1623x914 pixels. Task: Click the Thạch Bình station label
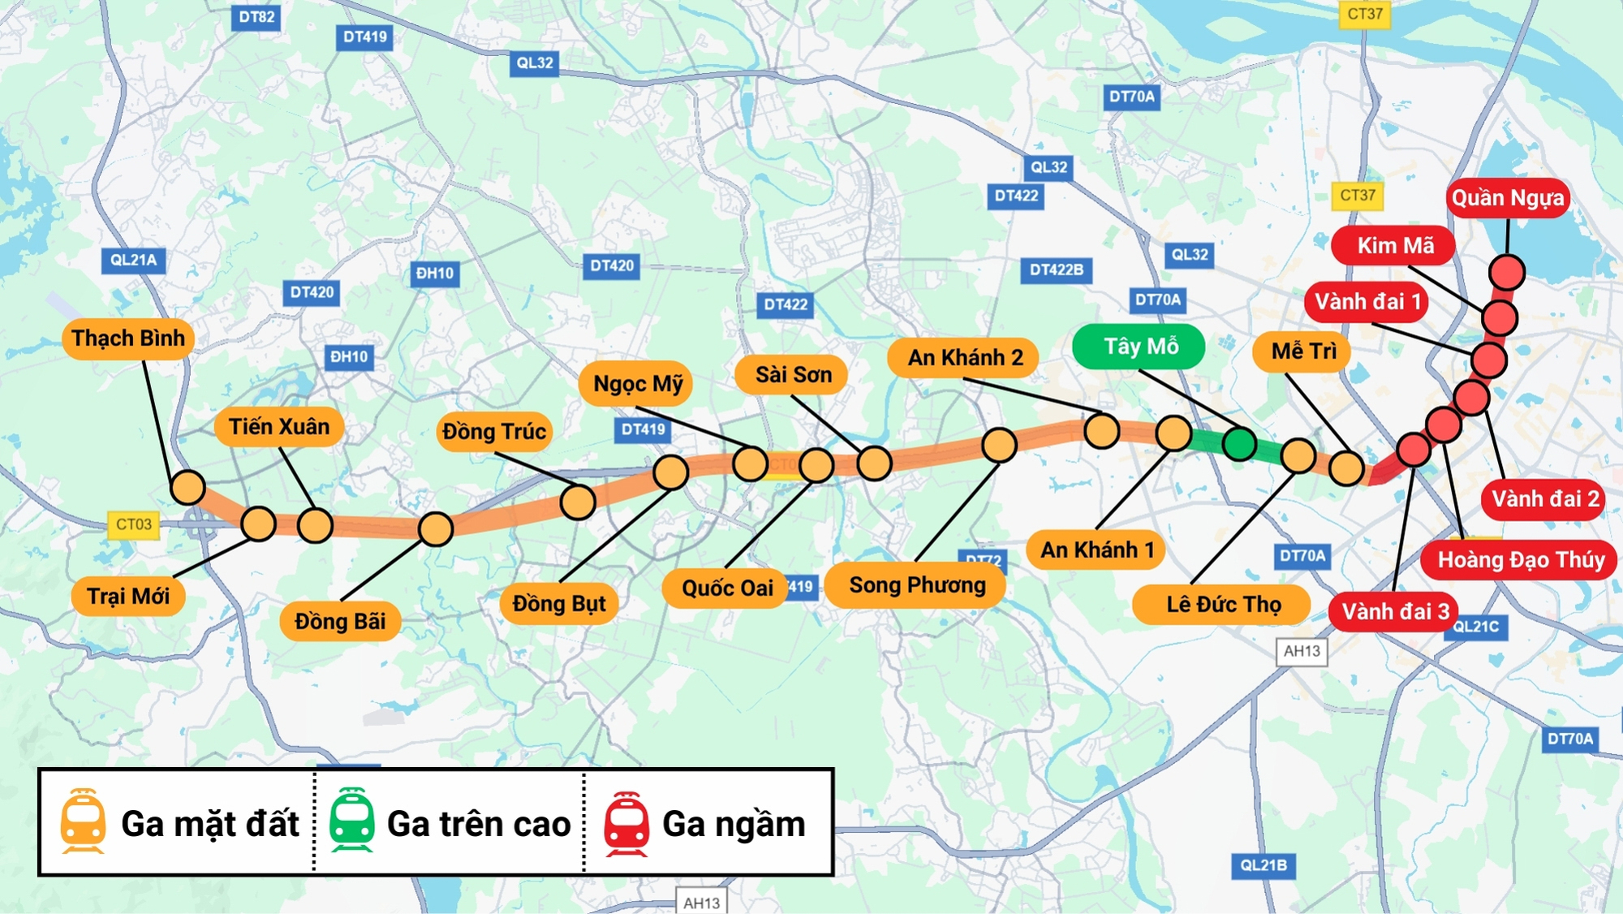pyautogui.click(x=128, y=338)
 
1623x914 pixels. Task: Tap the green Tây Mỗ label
pyautogui.click(x=1139, y=347)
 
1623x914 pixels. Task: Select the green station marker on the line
pyautogui.click(x=1239, y=444)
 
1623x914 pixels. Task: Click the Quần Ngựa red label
pyautogui.click(x=1508, y=198)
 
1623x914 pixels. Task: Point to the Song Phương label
pyautogui.click(x=916, y=585)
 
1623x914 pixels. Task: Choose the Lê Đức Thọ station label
pyautogui.click(x=1223, y=605)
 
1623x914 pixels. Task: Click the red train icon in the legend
pyautogui.click(x=626, y=824)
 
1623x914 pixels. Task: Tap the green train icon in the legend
pyautogui.click(x=351, y=821)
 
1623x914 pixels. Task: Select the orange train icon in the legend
pyautogui.click(x=83, y=821)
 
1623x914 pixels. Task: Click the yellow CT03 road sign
pyautogui.click(x=133, y=524)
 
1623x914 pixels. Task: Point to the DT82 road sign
pyautogui.click(x=256, y=17)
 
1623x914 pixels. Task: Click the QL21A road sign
pyautogui.click(x=134, y=261)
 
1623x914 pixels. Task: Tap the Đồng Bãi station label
pyautogui.click(x=340, y=622)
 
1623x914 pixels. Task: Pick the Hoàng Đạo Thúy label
pyautogui.click(x=1520, y=560)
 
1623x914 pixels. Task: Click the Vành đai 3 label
pyautogui.click(x=1394, y=611)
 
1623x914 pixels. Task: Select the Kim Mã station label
pyautogui.click(x=1394, y=245)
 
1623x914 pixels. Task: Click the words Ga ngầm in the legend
pyautogui.click(x=734, y=825)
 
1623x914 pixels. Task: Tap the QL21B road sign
pyautogui.click(x=1263, y=865)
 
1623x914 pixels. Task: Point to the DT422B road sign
pyautogui.click(x=1056, y=269)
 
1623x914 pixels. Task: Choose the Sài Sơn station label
pyautogui.click(x=792, y=375)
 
